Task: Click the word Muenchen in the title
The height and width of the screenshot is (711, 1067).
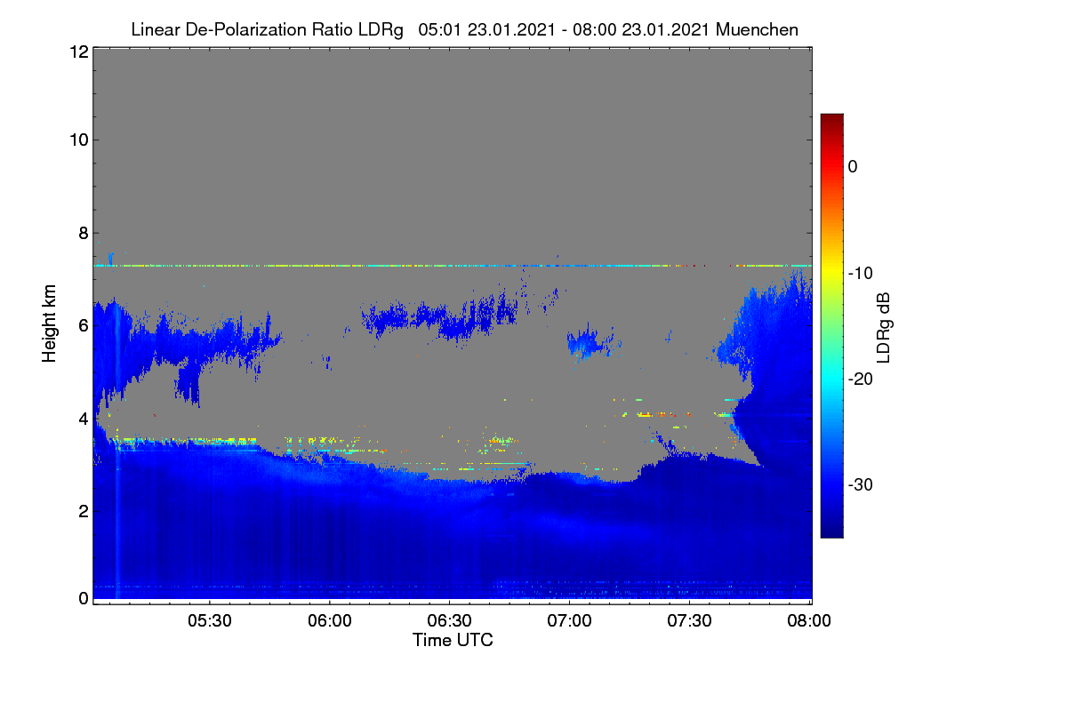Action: (x=757, y=29)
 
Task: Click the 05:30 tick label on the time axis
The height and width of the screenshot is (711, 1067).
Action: (x=210, y=620)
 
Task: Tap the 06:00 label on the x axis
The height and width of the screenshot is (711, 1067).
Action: (x=330, y=620)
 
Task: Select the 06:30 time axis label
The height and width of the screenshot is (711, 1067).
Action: (x=449, y=620)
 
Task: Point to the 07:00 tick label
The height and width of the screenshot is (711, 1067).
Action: (x=569, y=620)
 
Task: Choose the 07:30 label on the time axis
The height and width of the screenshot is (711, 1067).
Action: (x=689, y=620)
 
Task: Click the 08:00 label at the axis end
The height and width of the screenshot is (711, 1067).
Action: (x=809, y=620)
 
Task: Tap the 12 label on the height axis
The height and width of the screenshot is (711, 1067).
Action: (x=79, y=52)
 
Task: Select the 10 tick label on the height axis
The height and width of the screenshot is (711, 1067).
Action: (x=79, y=140)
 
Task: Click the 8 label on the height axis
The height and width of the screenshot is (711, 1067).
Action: (x=84, y=234)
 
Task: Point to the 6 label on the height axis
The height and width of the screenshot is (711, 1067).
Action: (x=84, y=326)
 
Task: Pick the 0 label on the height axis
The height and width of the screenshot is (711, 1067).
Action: (x=84, y=598)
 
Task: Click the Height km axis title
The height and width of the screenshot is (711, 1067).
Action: (x=49, y=324)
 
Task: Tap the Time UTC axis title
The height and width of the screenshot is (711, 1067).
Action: (x=453, y=640)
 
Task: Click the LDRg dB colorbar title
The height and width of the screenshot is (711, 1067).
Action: (x=883, y=328)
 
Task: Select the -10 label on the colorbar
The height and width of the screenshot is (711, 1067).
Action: (x=861, y=274)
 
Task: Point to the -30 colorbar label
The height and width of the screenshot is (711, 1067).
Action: (x=861, y=484)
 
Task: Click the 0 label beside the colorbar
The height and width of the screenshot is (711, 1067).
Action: (x=853, y=167)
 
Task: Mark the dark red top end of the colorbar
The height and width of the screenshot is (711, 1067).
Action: (x=831, y=116)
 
